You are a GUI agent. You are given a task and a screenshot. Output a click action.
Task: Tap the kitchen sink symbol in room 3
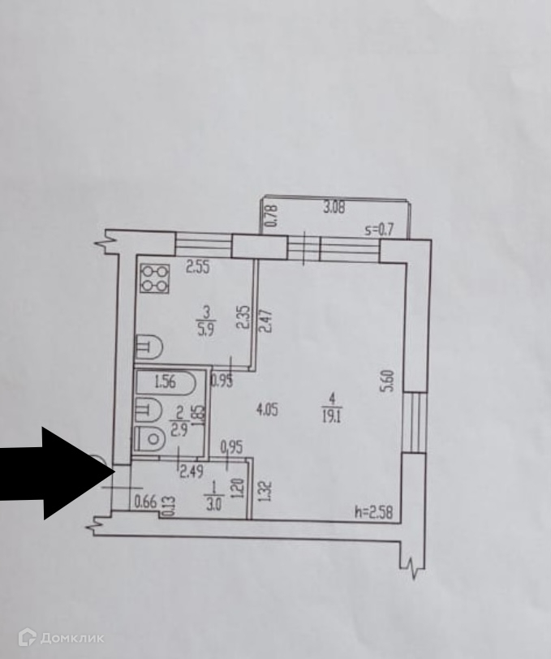tap(149, 348)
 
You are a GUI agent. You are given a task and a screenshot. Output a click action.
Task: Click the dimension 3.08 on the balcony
tap(334, 208)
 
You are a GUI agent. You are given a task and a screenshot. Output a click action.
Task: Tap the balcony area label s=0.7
tap(378, 230)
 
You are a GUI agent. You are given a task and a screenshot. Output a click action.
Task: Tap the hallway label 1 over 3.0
tap(212, 493)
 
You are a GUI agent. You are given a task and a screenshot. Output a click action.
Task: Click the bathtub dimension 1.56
tap(166, 381)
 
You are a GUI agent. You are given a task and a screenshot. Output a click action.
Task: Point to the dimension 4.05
tap(267, 409)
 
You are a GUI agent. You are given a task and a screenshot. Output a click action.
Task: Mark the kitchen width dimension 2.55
tap(197, 265)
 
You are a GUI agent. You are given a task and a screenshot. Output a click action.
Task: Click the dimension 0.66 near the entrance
tap(145, 502)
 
